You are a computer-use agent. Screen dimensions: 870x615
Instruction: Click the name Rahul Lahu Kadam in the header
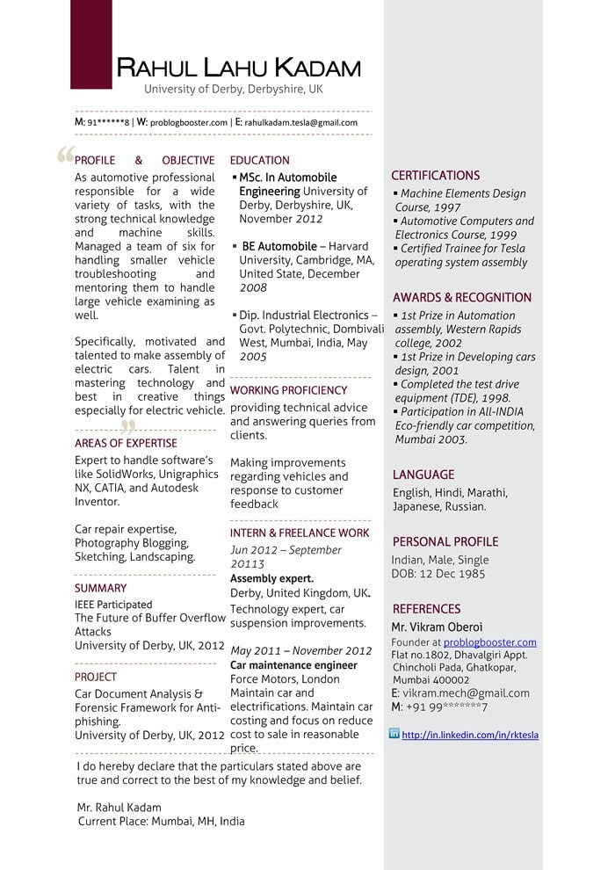click(238, 68)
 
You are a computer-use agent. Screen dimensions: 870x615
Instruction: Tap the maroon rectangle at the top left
click(91, 44)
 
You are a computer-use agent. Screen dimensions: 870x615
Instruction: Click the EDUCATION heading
click(259, 161)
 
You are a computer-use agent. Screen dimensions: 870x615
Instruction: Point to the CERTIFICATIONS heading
click(435, 176)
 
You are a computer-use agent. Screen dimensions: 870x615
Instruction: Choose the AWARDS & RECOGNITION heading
click(461, 298)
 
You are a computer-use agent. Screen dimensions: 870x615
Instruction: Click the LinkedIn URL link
click(470, 735)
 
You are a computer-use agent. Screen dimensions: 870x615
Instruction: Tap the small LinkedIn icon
click(394, 734)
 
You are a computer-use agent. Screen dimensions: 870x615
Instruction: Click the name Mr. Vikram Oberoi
click(437, 627)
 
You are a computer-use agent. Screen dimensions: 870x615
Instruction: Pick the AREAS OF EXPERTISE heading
click(126, 444)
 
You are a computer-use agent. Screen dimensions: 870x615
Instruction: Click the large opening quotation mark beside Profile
click(64, 156)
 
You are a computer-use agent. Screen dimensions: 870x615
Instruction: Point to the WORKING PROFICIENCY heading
click(288, 390)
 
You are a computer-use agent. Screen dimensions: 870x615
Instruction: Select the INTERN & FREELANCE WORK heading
click(300, 533)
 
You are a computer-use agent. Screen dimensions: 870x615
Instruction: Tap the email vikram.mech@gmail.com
click(466, 693)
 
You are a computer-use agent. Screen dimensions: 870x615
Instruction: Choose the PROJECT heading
click(96, 678)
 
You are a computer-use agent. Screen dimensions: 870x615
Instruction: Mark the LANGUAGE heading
click(423, 475)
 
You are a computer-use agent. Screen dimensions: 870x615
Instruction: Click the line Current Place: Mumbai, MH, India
click(161, 822)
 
